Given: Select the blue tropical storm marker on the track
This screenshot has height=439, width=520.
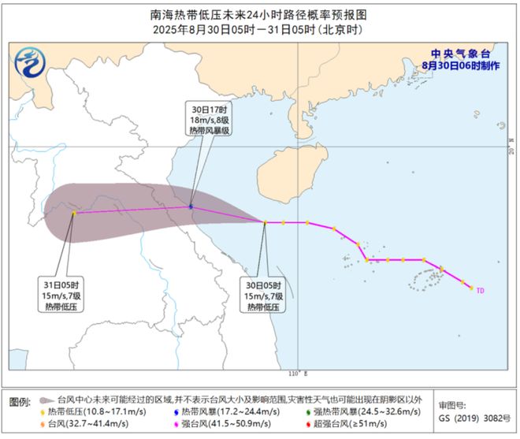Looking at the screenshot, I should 191,207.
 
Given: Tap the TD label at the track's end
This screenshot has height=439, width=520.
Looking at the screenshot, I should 481,290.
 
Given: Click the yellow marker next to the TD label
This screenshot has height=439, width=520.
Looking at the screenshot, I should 471,288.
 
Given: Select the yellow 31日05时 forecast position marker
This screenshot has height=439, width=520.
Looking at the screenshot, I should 74,213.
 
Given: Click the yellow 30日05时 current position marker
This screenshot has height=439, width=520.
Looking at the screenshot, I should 265,222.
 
